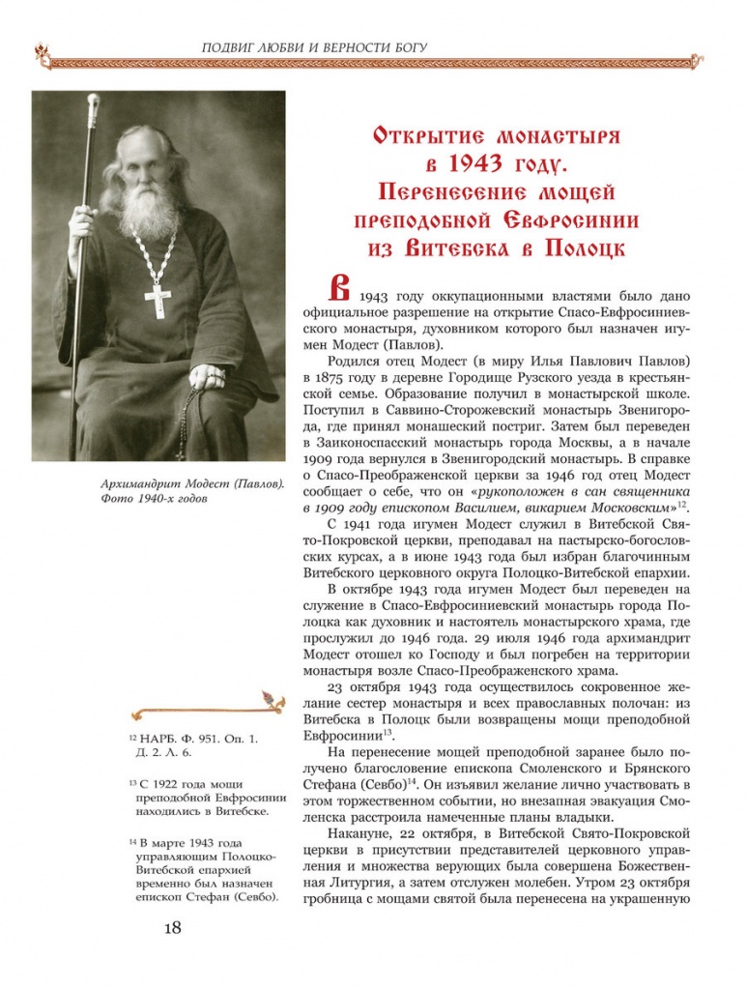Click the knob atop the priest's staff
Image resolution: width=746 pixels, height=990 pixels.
tap(94, 102)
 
